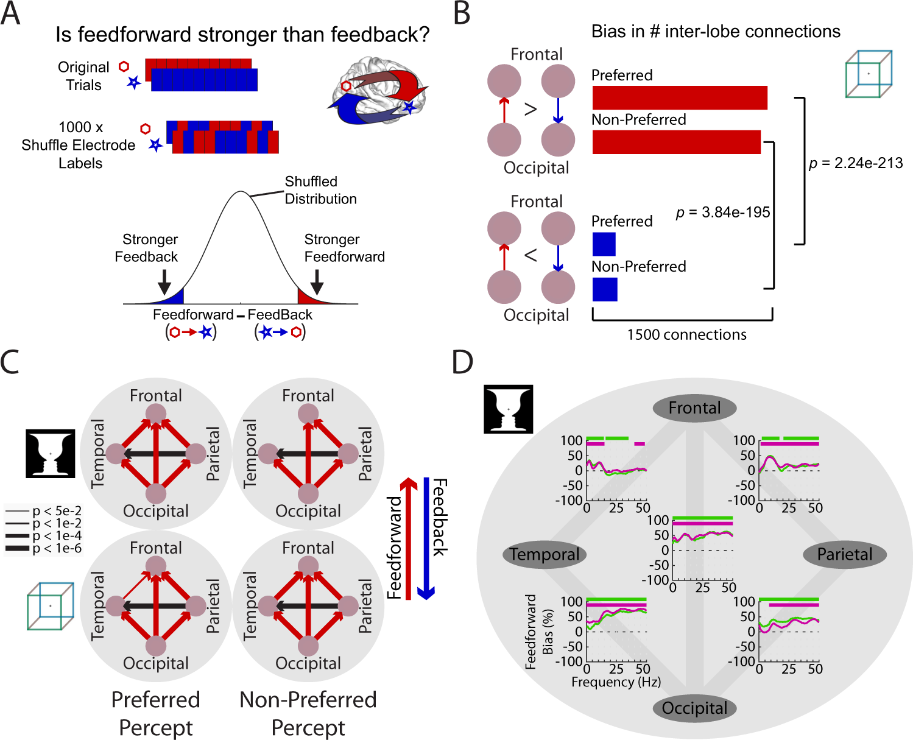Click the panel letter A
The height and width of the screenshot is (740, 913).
coord(10,13)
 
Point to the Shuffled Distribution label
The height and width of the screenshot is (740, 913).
coord(320,190)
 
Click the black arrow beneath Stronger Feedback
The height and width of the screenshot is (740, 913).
coord(164,281)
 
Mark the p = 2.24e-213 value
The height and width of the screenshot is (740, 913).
coord(856,163)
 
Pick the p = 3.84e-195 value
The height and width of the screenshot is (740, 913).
coord(723,212)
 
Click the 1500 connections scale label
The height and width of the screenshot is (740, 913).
coord(686,334)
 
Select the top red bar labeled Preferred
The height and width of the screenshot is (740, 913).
coord(679,98)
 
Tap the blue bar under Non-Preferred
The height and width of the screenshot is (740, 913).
coord(605,289)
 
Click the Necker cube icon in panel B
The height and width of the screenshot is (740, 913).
coord(869,74)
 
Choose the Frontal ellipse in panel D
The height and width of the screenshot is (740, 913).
coord(694,408)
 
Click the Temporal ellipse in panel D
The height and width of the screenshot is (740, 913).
coord(545,554)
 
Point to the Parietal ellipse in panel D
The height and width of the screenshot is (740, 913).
coord(844,554)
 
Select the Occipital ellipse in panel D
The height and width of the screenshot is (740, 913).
coord(694,708)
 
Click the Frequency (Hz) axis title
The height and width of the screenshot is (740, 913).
coord(616,682)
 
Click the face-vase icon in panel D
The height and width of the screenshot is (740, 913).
coord(508,409)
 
